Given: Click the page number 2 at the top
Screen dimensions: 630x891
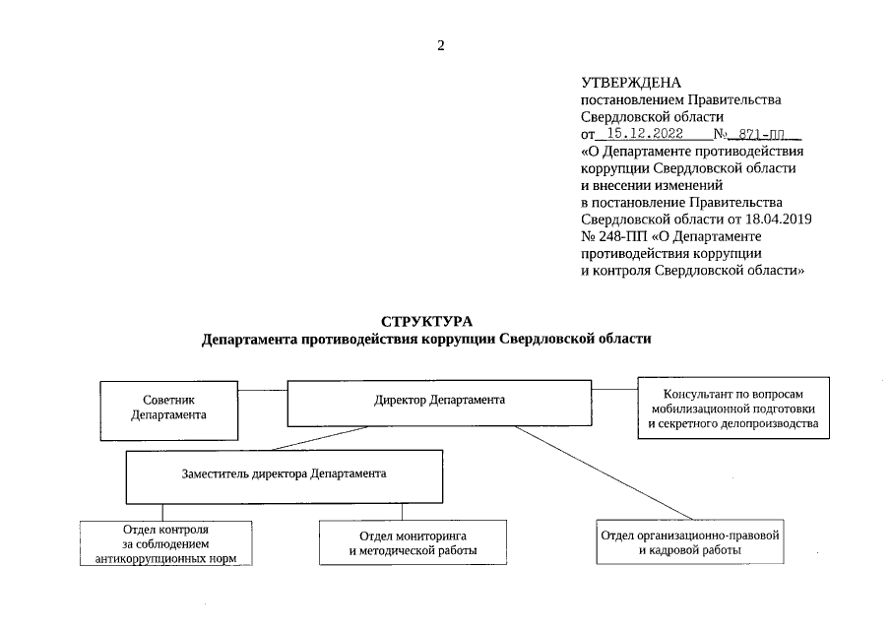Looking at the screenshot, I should pos(441,45).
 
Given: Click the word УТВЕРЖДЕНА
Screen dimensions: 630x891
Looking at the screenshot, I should pos(631,83).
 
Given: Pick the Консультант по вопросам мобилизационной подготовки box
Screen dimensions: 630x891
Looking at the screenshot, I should pos(733,406).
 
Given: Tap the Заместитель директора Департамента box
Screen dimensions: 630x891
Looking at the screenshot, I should pos(284,473).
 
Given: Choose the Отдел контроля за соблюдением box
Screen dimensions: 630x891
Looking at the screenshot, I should pos(165,543).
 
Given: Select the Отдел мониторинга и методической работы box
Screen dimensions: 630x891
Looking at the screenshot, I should pos(413,542).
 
